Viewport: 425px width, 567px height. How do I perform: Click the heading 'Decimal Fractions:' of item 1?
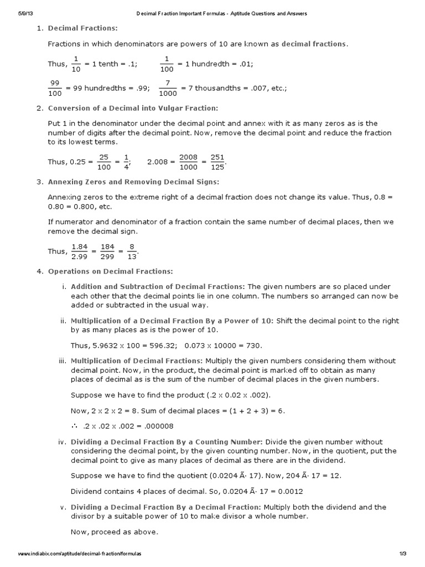(83, 28)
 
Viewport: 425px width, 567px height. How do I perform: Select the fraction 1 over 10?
(76, 64)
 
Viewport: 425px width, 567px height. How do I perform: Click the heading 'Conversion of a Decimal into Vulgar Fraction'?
(133, 108)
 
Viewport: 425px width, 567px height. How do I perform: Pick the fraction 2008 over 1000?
(188, 162)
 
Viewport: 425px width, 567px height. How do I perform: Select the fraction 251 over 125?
(217, 162)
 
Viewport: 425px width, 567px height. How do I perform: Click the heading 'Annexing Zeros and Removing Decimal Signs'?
(133, 182)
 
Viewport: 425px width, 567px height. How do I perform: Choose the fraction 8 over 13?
(132, 251)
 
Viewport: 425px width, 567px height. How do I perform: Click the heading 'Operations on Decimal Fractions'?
(111, 271)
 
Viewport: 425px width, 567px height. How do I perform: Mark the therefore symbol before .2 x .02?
(75, 426)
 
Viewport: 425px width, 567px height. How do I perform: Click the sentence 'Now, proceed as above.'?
(115, 532)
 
